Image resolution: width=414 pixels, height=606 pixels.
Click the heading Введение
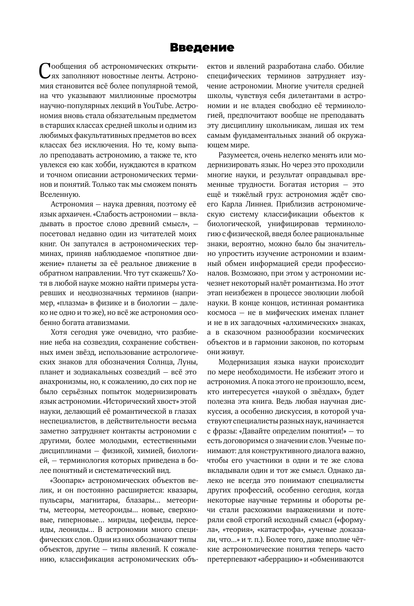coord(202,48)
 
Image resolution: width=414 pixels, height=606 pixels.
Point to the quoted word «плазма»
coord(70,303)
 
